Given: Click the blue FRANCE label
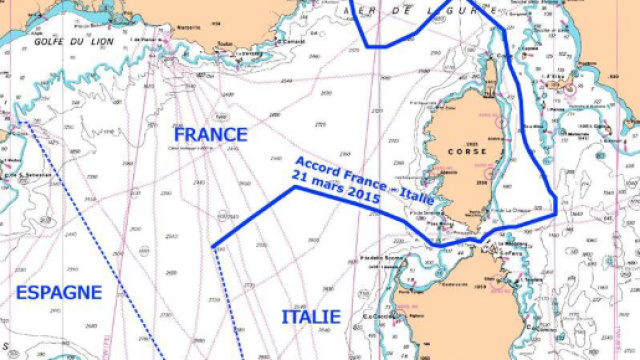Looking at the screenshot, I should pos(210,134).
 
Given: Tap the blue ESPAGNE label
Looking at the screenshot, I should pos(60,292).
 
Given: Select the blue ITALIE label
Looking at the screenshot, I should pos(310,317).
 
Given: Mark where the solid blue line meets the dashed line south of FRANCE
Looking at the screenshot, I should pos(214,247).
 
